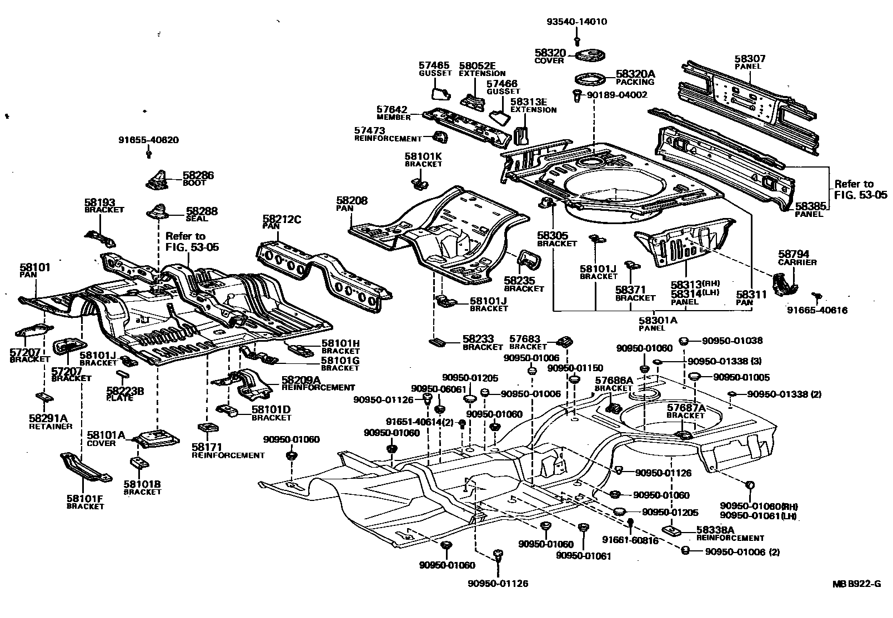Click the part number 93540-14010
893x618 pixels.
[x=576, y=22]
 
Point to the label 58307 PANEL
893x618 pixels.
[x=750, y=62]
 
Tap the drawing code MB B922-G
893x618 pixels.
[x=856, y=584]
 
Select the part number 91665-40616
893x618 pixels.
[x=817, y=310]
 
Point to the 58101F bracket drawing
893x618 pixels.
[x=86, y=467]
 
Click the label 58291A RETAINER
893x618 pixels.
[x=50, y=422]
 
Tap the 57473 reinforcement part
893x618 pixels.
[x=440, y=136]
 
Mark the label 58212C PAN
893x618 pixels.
[x=282, y=222]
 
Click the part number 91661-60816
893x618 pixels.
[x=630, y=540]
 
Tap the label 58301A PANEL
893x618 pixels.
[x=658, y=324]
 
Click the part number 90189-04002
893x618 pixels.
[x=617, y=95]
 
